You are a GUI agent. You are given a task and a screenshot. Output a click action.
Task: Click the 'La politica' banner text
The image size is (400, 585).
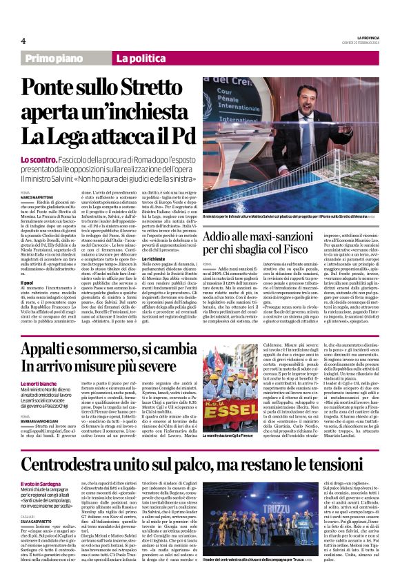(x=141, y=60)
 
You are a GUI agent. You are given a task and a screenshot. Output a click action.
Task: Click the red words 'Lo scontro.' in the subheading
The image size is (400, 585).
(x=35, y=160)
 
